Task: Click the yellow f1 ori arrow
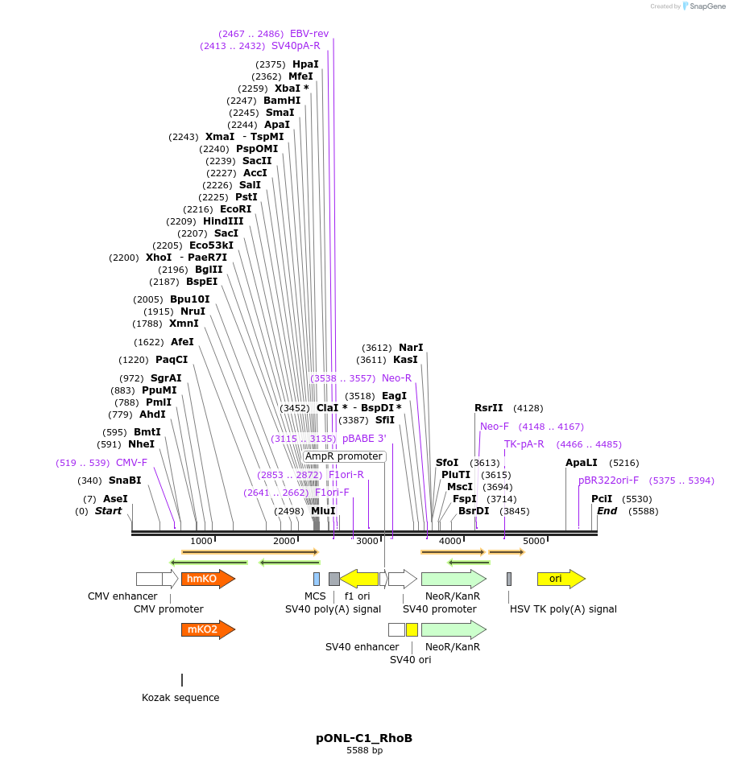click(359, 579)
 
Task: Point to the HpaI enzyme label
click(305, 64)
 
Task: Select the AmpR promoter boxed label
click(344, 456)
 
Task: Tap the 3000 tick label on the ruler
click(367, 541)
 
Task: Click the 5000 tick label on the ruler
click(534, 541)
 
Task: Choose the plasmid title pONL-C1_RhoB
click(364, 737)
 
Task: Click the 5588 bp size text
click(364, 750)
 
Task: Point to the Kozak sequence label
click(180, 697)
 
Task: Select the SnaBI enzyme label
click(125, 480)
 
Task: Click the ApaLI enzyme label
click(582, 463)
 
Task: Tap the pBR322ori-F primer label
click(608, 480)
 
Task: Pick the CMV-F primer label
click(131, 463)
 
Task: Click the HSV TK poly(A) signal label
click(563, 609)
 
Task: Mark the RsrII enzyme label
click(489, 408)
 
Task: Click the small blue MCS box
click(317, 579)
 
